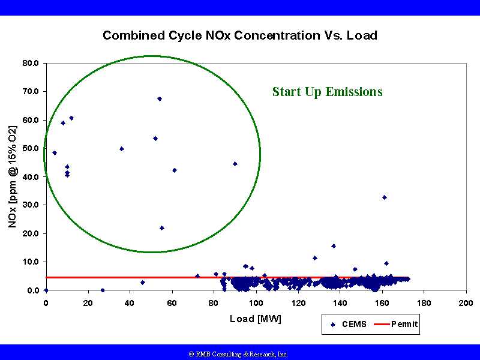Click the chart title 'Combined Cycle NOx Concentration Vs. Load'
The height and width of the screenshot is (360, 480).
[239, 35]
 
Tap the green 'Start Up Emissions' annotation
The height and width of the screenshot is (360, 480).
[327, 92]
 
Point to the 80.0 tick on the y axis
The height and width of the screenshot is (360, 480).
[30, 63]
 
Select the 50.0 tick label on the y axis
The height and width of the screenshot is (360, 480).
[30, 148]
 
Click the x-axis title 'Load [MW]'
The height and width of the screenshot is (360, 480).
[255, 319]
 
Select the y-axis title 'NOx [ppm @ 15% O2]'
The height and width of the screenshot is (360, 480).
[13, 176]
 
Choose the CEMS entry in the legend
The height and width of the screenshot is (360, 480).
[348, 325]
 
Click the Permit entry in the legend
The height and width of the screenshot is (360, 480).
[396, 325]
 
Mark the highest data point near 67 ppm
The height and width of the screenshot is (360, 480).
[160, 99]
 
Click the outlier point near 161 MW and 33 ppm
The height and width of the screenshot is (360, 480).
[385, 197]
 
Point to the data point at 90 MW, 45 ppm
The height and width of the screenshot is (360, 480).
[235, 164]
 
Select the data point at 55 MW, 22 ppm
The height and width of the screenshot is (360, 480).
[162, 228]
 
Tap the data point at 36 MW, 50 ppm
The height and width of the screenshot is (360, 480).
[122, 149]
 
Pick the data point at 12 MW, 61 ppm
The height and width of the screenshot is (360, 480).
[71, 118]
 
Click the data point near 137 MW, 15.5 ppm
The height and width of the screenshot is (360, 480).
[334, 246]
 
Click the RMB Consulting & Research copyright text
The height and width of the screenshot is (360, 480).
[239, 354]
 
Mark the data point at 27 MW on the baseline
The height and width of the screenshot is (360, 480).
[103, 290]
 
